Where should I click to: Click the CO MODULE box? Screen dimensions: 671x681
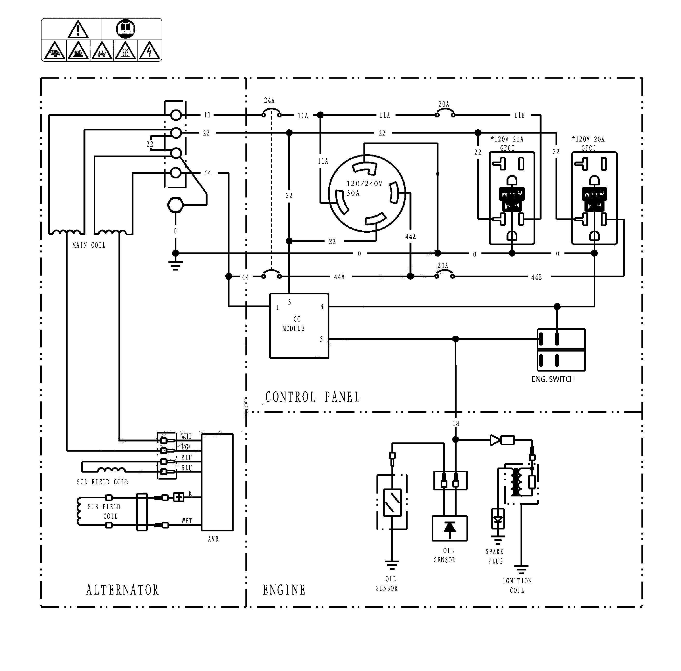299,326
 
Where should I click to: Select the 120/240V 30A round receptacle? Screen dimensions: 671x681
367,193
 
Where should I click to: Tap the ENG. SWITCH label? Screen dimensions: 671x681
552,379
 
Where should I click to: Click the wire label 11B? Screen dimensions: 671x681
519,115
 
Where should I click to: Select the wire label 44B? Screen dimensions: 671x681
536,277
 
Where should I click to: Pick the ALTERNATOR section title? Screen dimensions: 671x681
122,590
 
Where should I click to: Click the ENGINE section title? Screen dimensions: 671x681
284,590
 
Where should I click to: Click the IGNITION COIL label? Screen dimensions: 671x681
517,585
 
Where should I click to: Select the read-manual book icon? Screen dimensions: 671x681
125,28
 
